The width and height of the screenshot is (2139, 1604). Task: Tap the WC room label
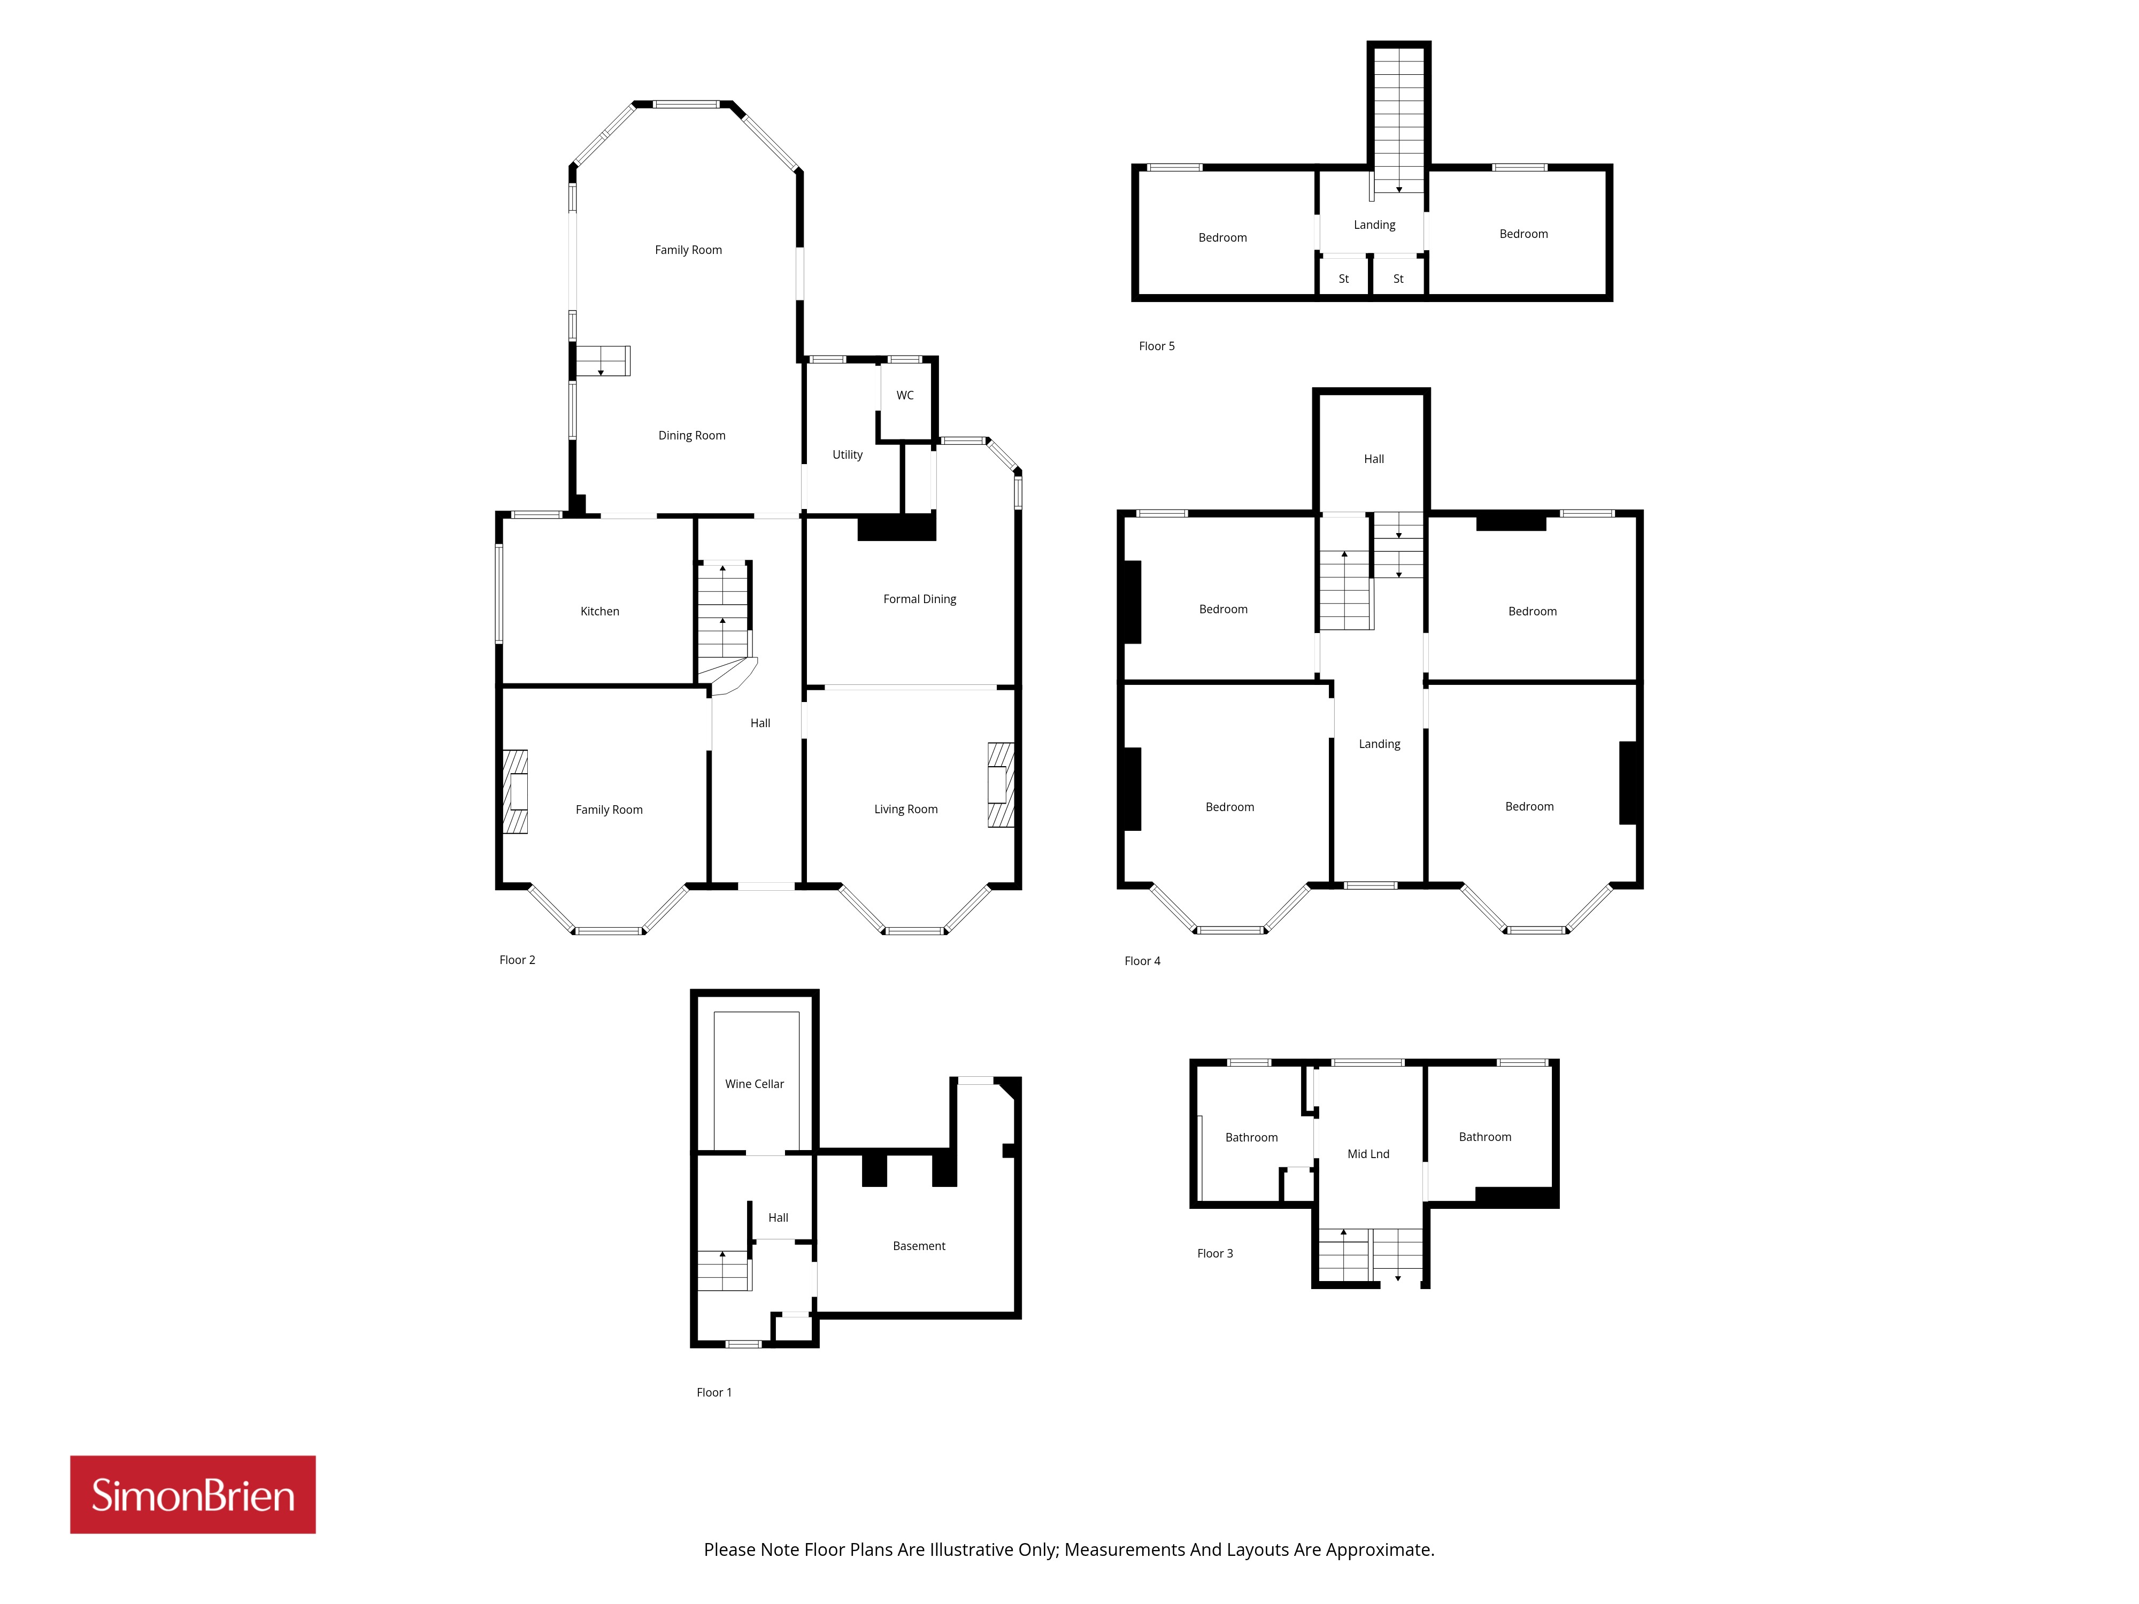[905, 396]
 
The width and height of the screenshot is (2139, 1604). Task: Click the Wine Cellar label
[754, 1084]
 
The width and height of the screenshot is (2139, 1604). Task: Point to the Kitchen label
[599, 611]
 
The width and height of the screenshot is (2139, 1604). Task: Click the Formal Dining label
[920, 599]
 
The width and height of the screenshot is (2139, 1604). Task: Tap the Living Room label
[906, 809]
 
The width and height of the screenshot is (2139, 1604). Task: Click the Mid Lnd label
[1368, 1153]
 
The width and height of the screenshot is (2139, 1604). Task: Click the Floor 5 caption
[1157, 346]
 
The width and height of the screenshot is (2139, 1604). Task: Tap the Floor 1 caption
[714, 1392]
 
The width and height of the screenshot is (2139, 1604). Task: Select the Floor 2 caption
[517, 960]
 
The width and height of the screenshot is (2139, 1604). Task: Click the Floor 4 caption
[1142, 961]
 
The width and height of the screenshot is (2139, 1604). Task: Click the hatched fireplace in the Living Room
[1001, 784]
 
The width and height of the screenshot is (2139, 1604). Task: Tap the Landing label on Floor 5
[1374, 225]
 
